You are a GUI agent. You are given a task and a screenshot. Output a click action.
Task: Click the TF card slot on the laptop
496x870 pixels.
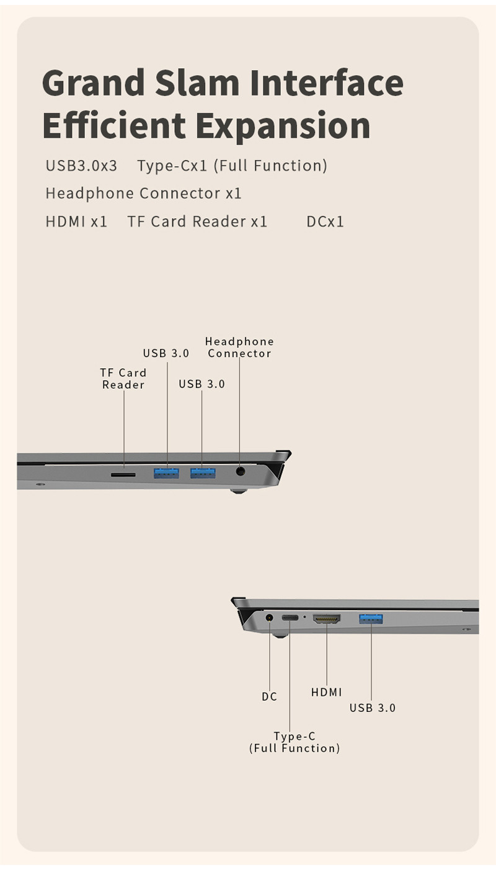[x=123, y=474]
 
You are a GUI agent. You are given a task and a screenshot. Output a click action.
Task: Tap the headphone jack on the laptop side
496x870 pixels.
[x=241, y=471]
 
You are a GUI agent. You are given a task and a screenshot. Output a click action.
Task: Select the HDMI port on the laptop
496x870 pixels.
[x=327, y=618]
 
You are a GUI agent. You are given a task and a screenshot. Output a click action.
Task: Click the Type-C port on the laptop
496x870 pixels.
[x=290, y=618]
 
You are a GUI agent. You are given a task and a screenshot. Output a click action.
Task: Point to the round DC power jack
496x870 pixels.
[x=269, y=618]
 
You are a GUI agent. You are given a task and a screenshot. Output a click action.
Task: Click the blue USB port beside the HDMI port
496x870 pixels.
[x=371, y=619]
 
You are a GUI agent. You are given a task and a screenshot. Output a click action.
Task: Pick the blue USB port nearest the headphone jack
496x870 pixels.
[x=203, y=473]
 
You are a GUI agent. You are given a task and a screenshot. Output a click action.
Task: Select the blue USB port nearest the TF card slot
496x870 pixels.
[x=166, y=473]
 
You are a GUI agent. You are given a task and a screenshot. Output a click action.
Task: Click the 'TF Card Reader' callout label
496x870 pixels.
[x=123, y=379]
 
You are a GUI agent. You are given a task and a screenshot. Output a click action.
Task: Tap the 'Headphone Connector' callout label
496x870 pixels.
[x=239, y=347]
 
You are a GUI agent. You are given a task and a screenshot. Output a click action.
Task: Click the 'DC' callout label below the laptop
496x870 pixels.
[x=269, y=697]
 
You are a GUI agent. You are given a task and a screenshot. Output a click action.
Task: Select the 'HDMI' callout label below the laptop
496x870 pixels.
[x=326, y=692]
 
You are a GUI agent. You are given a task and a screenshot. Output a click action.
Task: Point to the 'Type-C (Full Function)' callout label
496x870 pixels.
[x=294, y=742]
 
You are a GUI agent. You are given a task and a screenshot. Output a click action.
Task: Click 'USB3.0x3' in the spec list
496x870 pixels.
[x=81, y=166]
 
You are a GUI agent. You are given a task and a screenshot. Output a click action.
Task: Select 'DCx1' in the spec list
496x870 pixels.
[x=325, y=222]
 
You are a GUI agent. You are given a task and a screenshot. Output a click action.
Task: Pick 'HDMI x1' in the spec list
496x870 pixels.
[x=76, y=222]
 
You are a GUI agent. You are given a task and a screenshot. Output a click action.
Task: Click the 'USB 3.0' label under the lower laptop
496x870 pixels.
[x=373, y=708]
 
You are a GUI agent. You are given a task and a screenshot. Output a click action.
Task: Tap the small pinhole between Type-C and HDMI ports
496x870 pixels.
[x=304, y=617]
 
